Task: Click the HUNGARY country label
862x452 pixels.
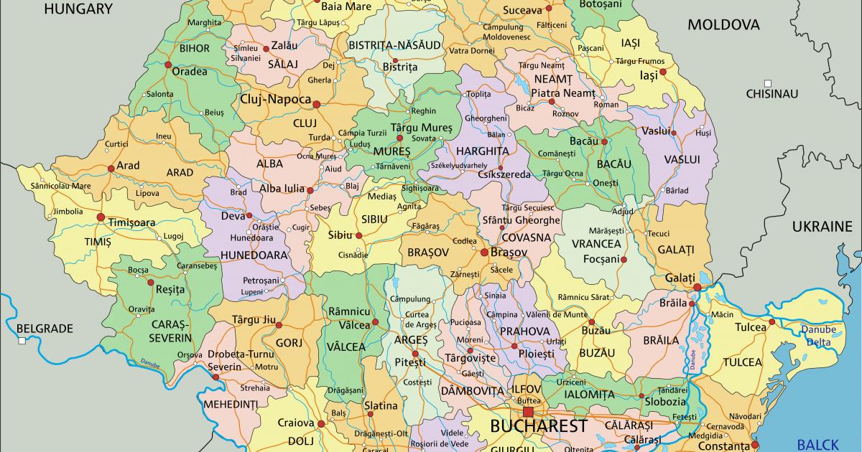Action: click(78, 9)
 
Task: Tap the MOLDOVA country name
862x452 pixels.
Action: click(723, 25)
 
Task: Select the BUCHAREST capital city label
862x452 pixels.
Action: click(538, 426)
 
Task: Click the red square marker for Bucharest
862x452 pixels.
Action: click(529, 412)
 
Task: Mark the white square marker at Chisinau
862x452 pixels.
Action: click(768, 83)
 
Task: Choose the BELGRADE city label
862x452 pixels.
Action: click(45, 329)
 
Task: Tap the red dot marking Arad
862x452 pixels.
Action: click(111, 169)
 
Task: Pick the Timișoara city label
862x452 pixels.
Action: click(131, 222)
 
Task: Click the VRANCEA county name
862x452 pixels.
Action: click(596, 244)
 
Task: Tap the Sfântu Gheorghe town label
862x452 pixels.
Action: click(521, 220)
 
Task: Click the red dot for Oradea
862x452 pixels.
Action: click(168, 65)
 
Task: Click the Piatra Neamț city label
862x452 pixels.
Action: click(563, 93)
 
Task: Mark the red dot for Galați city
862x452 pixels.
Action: click(696, 288)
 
